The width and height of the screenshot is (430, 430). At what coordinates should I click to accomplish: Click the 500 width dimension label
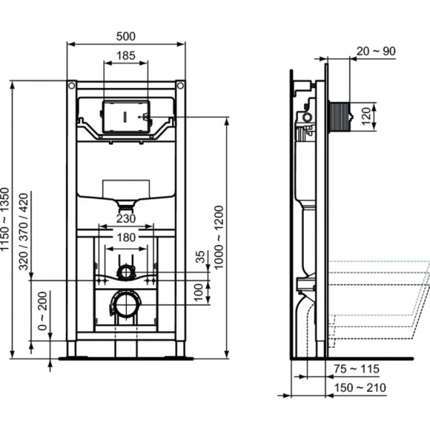point(126,36)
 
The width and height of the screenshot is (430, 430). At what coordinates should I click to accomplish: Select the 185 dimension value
point(125,54)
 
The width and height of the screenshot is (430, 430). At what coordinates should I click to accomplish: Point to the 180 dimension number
point(126,238)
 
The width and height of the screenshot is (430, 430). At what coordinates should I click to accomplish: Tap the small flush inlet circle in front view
point(125,272)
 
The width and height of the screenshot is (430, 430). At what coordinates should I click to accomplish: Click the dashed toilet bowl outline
point(380,301)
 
